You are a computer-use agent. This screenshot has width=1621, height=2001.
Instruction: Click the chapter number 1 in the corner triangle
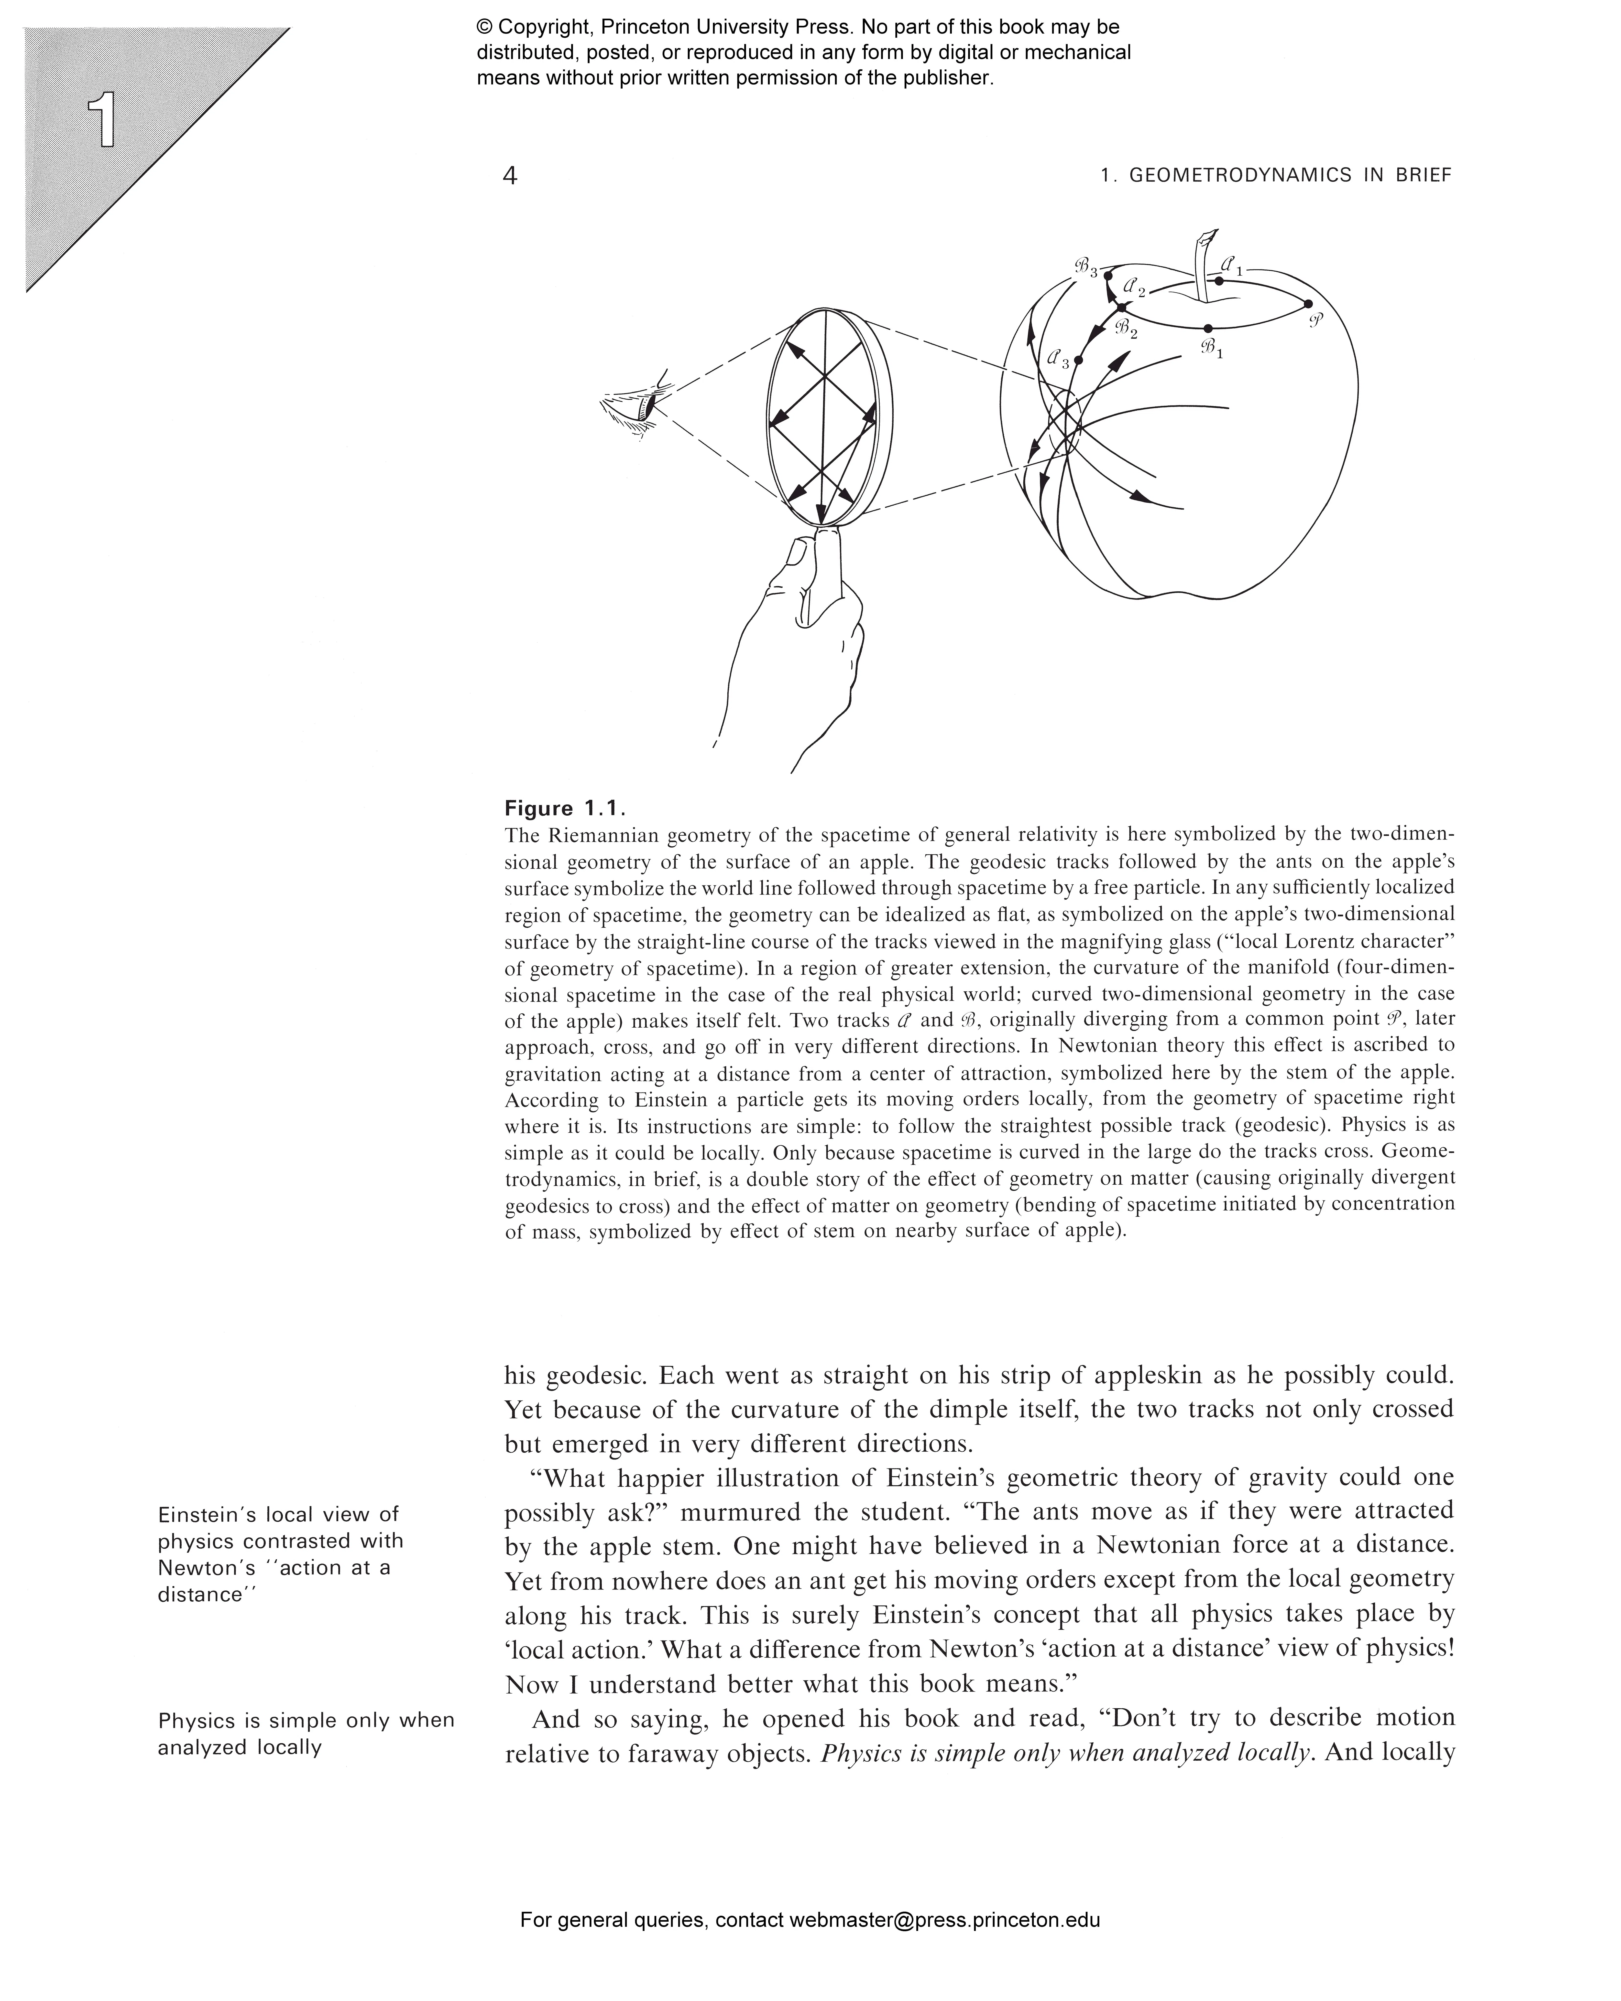[x=101, y=121]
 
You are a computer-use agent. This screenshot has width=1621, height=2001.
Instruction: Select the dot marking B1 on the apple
[x=1208, y=329]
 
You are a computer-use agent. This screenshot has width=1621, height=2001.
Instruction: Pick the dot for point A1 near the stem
[x=1218, y=280]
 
